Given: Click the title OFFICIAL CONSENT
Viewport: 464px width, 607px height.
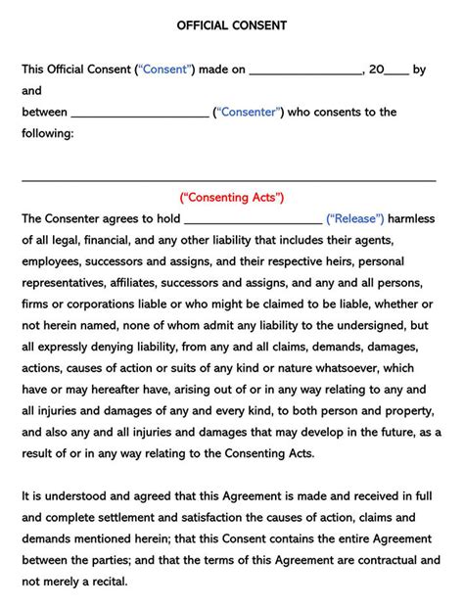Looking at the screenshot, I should [232, 26].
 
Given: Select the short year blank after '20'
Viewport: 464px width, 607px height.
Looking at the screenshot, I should [395, 73].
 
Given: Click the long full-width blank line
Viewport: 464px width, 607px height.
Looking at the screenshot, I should [229, 180].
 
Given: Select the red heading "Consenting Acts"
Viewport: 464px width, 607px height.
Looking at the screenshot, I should [232, 197].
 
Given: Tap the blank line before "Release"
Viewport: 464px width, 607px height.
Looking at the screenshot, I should [252, 222].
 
